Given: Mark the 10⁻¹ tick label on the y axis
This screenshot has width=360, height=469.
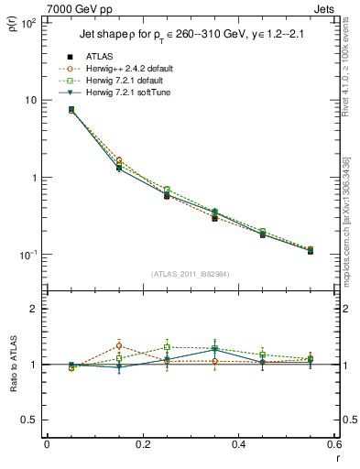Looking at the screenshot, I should click(x=28, y=255).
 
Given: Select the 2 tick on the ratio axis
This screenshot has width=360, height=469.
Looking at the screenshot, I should click(x=33, y=309).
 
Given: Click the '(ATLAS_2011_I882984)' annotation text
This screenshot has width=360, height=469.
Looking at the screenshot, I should click(x=191, y=274).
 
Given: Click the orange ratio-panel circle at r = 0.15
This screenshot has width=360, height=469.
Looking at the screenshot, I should click(x=119, y=345).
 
